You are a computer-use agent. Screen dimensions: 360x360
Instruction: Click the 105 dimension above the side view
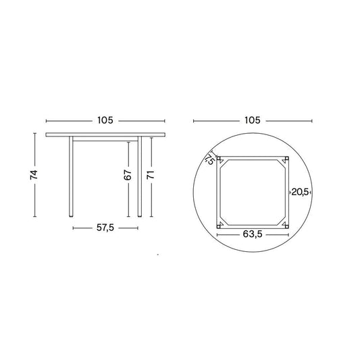(x=105, y=120)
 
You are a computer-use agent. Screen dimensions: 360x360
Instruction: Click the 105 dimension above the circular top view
(x=253, y=120)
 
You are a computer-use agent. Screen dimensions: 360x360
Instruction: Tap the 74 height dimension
(x=34, y=175)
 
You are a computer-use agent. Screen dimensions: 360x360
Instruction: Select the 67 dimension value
(x=128, y=175)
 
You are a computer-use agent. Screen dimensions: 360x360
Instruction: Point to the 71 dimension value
(x=151, y=175)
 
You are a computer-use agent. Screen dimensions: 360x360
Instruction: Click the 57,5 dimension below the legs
(x=105, y=228)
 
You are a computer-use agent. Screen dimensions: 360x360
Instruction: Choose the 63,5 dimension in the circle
(x=253, y=234)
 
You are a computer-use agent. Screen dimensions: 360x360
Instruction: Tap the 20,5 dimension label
(x=301, y=192)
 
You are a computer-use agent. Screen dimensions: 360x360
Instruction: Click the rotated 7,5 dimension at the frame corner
(x=210, y=159)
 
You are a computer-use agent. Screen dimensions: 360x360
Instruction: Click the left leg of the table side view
(x=71, y=176)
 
